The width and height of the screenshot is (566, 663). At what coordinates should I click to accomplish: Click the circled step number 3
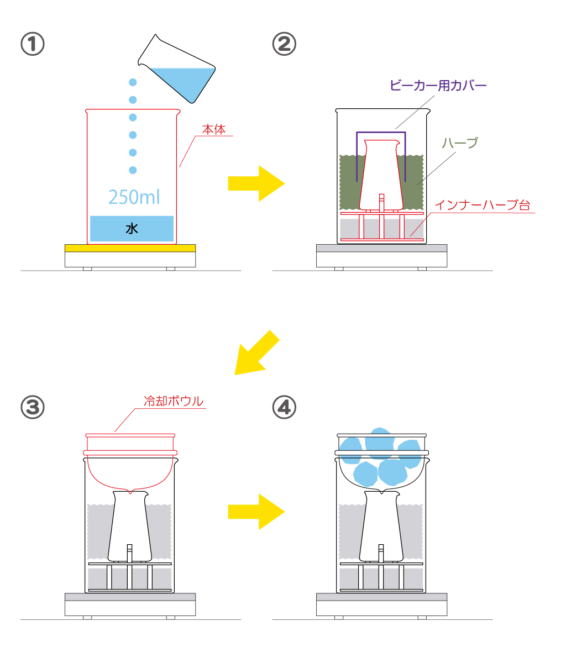click(33, 407)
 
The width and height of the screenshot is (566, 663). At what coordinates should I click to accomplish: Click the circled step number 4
click(284, 407)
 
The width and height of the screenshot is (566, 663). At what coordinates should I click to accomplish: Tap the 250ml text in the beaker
click(134, 197)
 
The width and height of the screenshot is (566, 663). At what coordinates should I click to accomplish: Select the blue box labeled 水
click(132, 228)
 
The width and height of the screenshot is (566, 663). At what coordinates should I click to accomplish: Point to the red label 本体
click(214, 130)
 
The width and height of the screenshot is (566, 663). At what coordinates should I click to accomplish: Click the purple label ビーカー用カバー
click(438, 86)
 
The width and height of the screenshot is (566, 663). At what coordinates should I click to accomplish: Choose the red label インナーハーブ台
click(482, 205)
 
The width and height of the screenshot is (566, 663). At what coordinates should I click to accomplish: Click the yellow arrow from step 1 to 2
click(256, 183)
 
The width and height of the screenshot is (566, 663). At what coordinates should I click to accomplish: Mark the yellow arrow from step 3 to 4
click(256, 512)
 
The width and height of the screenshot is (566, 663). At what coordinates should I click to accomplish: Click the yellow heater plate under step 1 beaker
click(130, 247)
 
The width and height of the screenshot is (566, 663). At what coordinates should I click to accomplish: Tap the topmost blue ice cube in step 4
click(380, 442)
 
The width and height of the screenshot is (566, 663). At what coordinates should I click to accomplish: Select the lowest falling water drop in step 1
click(133, 170)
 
